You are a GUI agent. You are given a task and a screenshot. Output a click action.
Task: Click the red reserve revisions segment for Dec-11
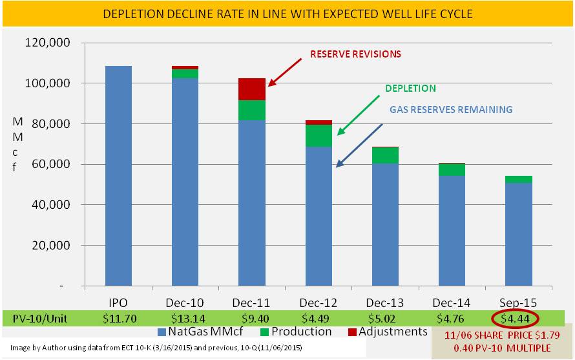pyautogui.click(x=252, y=89)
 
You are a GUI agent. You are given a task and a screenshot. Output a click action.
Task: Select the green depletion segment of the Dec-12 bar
pyautogui.click(x=318, y=135)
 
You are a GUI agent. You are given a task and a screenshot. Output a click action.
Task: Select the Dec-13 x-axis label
pyautogui.click(x=386, y=302)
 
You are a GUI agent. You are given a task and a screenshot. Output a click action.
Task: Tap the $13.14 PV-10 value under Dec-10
pyautogui.click(x=185, y=317)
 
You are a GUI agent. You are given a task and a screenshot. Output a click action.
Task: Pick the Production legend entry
pyautogui.click(x=295, y=332)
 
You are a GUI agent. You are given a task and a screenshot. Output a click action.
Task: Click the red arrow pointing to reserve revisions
pyautogui.click(x=285, y=71)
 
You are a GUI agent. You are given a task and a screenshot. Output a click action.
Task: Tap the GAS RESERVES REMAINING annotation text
pyautogui.click(x=450, y=110)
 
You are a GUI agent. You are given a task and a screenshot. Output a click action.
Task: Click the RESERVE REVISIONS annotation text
pyautogui.click(x=355, y=54)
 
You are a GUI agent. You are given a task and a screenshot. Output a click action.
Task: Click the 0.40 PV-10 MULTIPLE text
pyautogui.click(x=501, y=348)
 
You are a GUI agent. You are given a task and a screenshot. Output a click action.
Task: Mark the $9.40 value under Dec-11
pyautogui.click(x=252, y=317)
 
